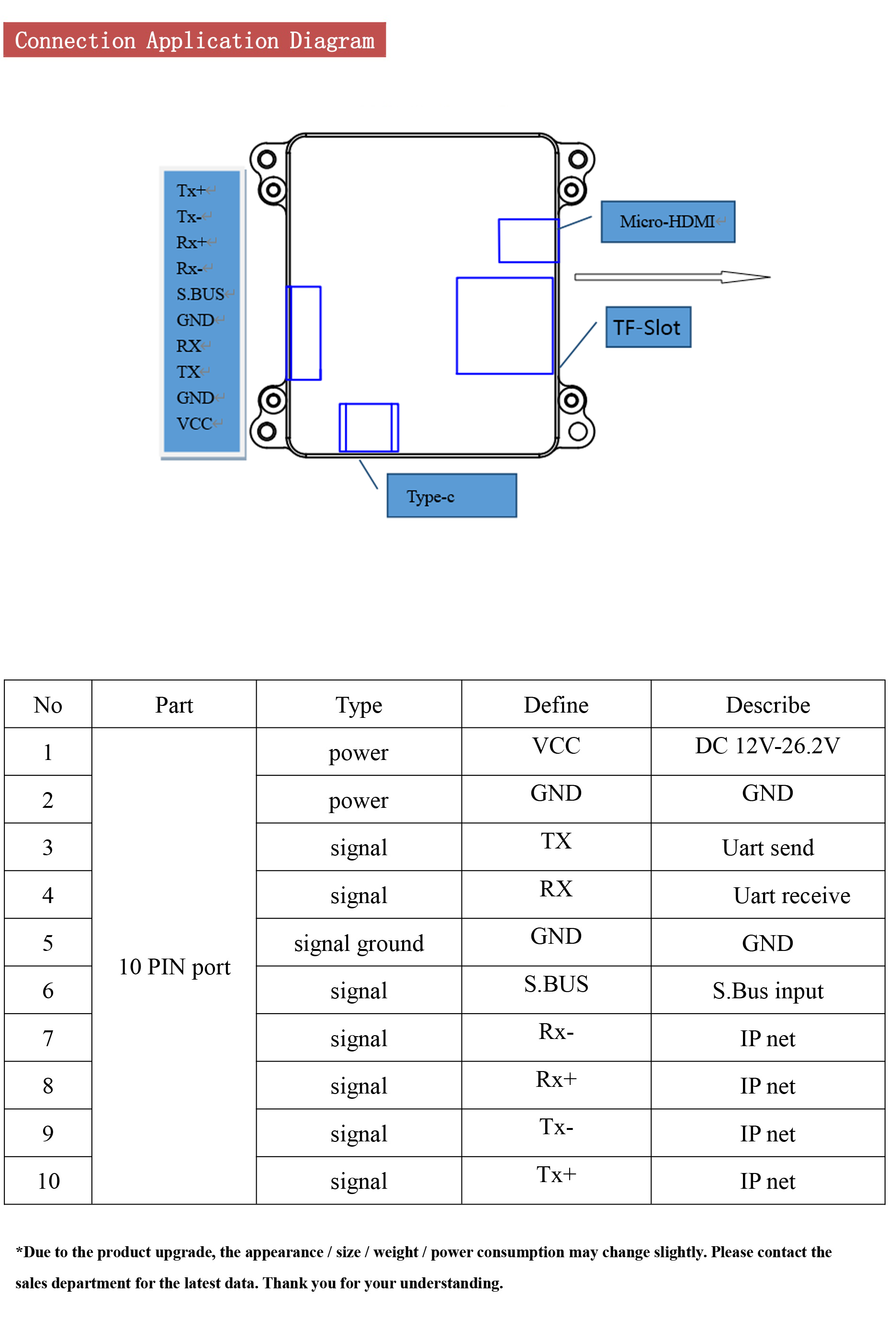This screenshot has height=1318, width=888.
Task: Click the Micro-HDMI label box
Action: tap(668, 222)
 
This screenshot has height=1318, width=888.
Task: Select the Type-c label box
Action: tap(451, 495)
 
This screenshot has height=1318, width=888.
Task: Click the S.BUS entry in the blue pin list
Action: tap(201, 294)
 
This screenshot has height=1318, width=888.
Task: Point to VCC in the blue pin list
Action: tap(194, 424)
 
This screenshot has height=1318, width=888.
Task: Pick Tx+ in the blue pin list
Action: tap(191, 191)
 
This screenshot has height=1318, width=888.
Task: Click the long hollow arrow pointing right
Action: tap(672, 277)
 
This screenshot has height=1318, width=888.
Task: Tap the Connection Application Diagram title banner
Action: tap(194, 40)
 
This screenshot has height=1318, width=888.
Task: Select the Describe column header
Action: tap(767, 705)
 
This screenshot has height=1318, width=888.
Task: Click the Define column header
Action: tap(556, 705)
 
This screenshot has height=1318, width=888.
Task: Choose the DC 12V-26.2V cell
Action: tap(767, 746)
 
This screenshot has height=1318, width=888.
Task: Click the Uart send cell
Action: tap(767, 848)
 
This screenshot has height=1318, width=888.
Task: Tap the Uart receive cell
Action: tap(791, 895)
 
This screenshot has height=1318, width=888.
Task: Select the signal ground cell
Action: tap(359, 943)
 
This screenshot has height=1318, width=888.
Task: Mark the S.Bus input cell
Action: tap(767, 991)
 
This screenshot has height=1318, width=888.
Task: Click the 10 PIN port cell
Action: tap(174, 966)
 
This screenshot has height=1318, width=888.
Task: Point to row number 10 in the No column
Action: tap(48, 1181)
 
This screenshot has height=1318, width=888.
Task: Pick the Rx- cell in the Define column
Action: tap(556, 1031)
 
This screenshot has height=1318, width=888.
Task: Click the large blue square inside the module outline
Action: tap(504, 325)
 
